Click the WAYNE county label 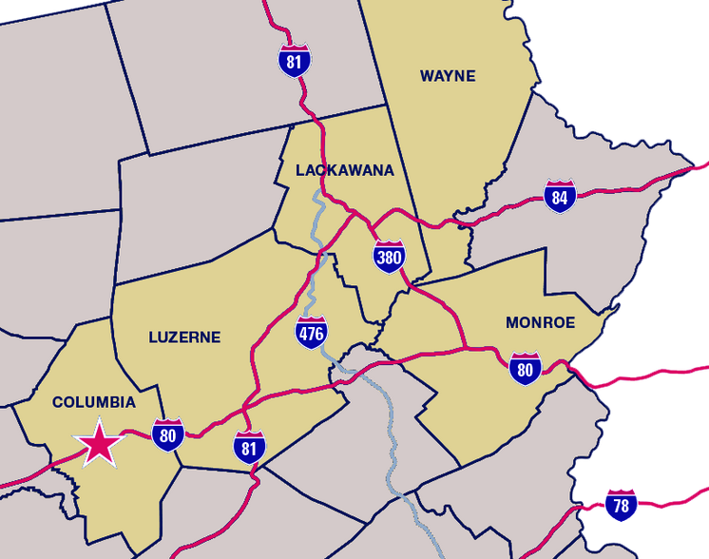[447, 76]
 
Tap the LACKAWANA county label [344, 170]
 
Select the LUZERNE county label [184, 337]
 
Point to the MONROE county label [540, 322]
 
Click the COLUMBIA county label [94, 402]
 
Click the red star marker [98, 443]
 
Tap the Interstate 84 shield [560, 196]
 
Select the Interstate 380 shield [389, 256]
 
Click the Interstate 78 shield [620, 505]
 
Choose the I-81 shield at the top [295, 59]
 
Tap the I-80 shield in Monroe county [525, 368]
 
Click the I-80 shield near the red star [168, 434]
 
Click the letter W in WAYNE [427, 76]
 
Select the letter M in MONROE [512, 322]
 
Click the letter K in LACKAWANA [334, 170]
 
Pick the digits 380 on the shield [389, 258]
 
